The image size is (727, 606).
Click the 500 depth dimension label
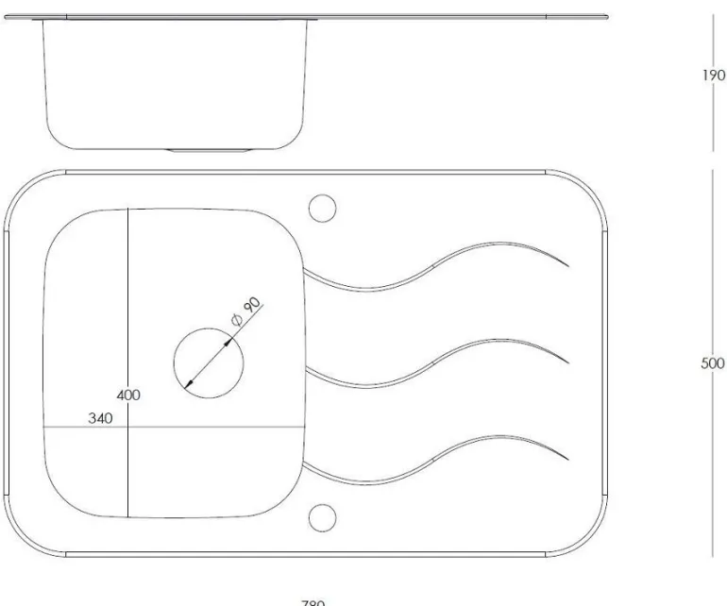pyautogui.click(x=713, y=363)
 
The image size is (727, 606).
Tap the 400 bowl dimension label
pyautogui.click(x=128, y=395)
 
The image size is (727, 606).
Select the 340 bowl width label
pyautogui.click(x=100, y=418)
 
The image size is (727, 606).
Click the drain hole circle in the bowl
pyautogui.click(x=209, y=360)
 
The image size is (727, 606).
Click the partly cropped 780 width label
pyautogui.click(x=313, y=601)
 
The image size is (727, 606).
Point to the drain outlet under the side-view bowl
pyautogui.click(x=209, y=149)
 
